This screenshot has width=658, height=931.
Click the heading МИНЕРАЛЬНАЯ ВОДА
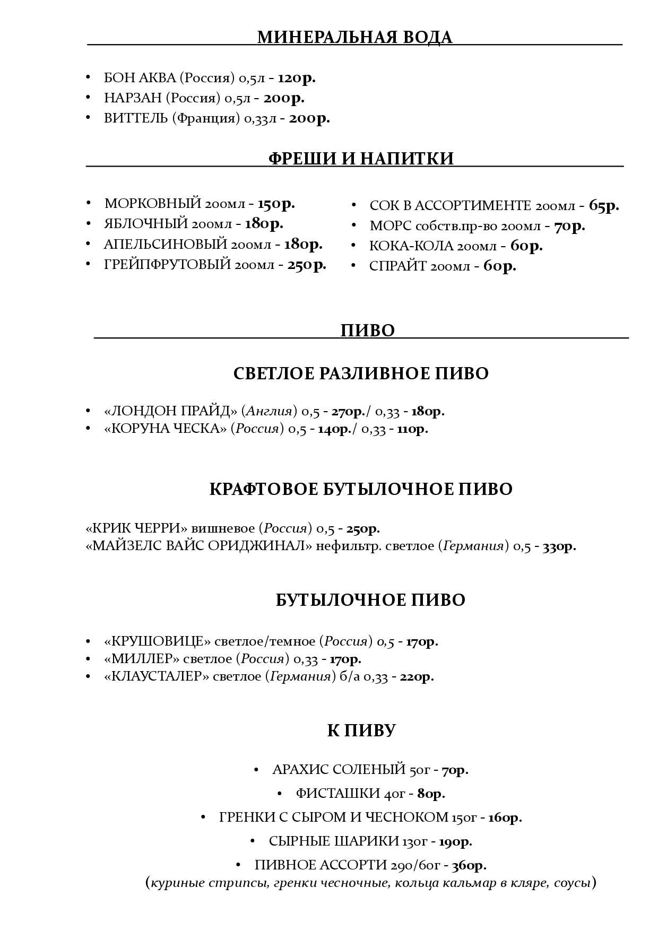coord(354,38)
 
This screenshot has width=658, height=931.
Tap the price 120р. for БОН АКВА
coord(297,78)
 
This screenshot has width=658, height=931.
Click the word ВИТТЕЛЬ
coord(136,118)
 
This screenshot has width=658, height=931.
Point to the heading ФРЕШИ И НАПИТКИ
coord(361,159)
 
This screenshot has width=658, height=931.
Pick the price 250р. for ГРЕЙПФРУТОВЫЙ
coord(307,264)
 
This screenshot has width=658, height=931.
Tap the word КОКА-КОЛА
coord(411,246)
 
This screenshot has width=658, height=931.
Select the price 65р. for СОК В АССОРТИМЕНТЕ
coord(604,206)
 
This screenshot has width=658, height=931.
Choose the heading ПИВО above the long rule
coord(367,330)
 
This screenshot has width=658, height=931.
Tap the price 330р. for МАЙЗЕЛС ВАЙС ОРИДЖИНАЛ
coord(559,546)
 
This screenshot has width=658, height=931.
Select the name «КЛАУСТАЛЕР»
coord(157,677)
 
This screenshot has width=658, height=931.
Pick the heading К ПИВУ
coord(361,731)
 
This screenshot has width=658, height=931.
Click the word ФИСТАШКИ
coord(337,794)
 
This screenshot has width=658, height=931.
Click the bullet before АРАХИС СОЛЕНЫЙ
coord(256,769)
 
